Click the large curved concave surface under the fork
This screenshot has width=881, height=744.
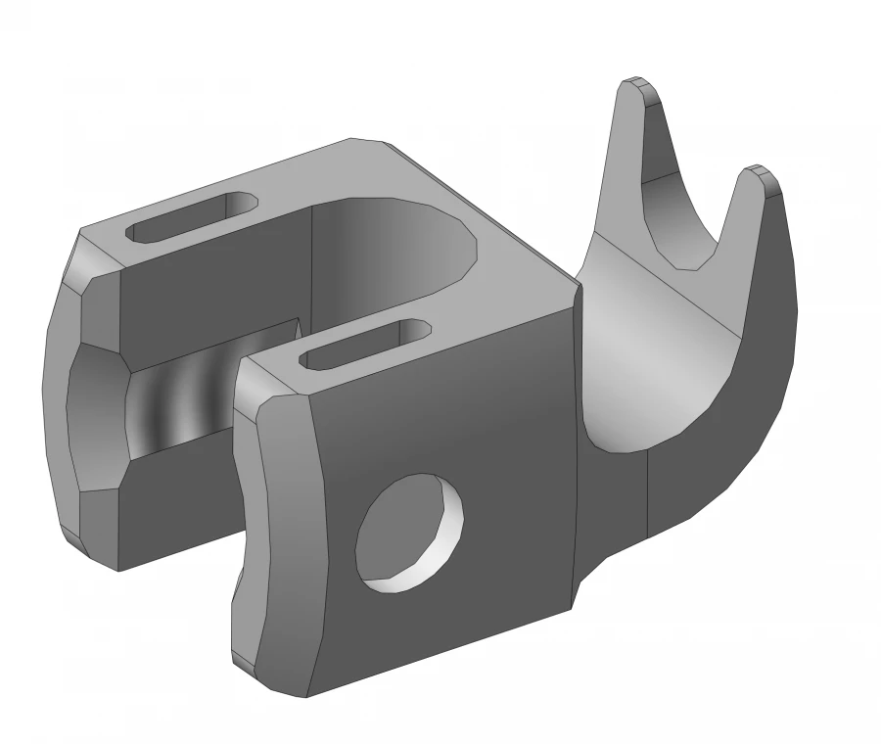(646, 372)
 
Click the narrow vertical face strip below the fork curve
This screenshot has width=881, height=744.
(612, 509)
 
